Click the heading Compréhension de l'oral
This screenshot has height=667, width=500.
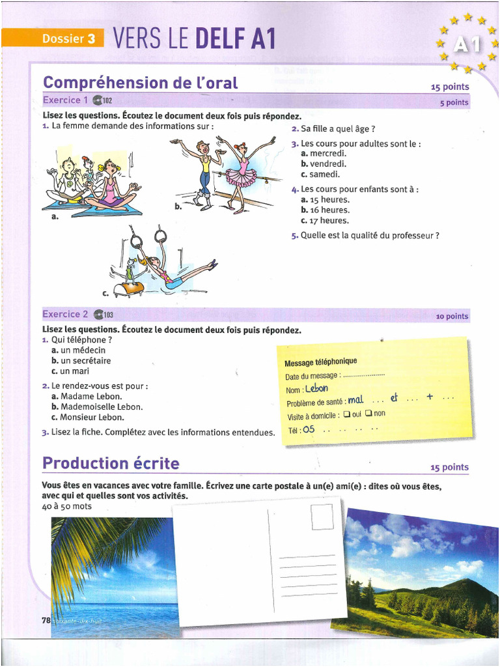[140, 83]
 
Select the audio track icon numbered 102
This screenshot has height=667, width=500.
[103, 100]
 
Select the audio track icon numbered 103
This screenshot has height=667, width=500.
[104, 315]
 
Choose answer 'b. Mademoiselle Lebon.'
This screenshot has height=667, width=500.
[96, 406]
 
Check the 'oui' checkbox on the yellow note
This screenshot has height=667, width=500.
[347, 414]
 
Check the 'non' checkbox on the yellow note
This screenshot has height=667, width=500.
[368, 413]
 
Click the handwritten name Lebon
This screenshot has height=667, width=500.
[316, 388]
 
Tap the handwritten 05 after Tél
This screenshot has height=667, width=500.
[309, 429]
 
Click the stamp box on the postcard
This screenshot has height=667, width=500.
[322, 517]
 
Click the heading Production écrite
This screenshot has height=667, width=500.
[111, 463]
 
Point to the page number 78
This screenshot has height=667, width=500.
[46, 621]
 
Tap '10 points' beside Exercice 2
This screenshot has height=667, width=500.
[452, 317]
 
